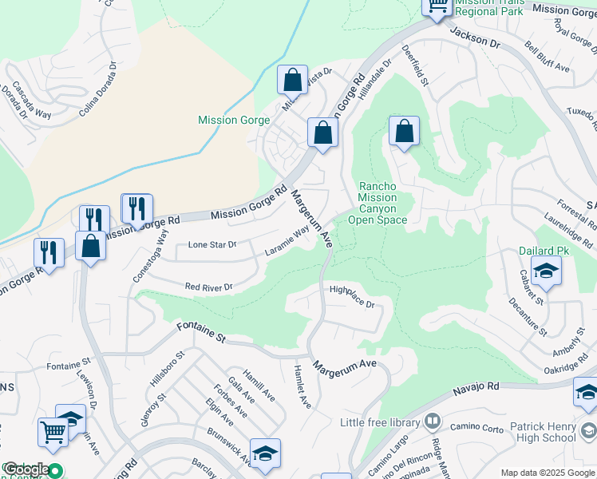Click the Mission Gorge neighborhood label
(234, 121)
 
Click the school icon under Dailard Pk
(546, 271)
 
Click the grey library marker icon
(433, 420)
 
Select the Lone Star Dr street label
(212, 245)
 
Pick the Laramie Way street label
(287, 243)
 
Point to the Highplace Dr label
(351, 296)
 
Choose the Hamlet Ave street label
(302, 386)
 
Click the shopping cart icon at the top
(437, 6)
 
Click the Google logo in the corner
(26, 469)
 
